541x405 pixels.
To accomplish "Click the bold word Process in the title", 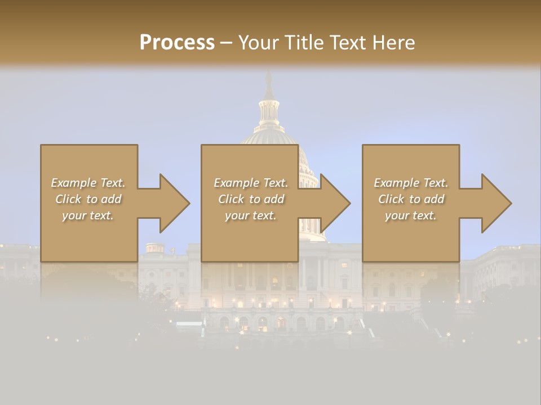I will click(177, 42).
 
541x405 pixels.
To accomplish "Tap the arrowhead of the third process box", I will click(496, 203).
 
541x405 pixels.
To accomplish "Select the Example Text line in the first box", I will click(88, 183).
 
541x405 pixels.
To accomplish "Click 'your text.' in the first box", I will click(88, 215).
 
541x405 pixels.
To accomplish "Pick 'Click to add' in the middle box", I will click(251, 199).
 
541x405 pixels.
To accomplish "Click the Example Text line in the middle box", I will click(251, 183).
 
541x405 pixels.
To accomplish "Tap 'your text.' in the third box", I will click(411, 215).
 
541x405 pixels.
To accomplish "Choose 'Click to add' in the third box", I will click(411, 199).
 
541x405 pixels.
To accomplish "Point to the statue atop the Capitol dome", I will click(269, 83).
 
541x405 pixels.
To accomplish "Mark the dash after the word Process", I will click(226, 43).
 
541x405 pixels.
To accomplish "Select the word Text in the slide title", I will click(347, 42).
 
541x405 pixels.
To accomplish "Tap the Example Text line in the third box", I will click(411, 183).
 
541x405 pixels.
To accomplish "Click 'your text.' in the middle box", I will click(251, 215).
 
